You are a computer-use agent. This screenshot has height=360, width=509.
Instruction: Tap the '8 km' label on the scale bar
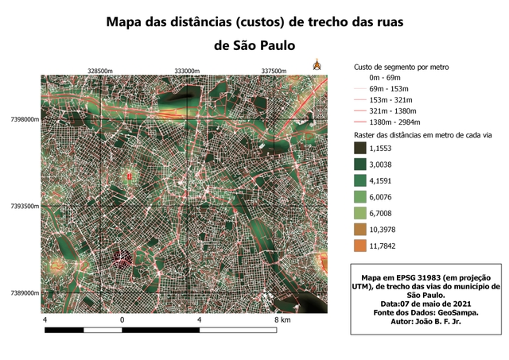(x=283, y=319)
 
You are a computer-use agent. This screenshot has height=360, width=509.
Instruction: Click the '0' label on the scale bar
(x=122, y=319)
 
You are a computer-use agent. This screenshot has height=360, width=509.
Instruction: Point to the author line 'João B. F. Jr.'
(x=448, y=321)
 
